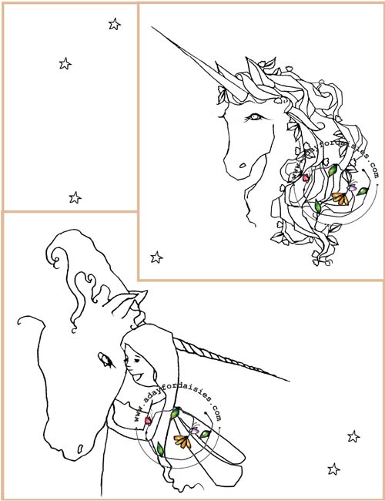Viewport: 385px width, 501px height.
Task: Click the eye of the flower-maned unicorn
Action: tap(254, 117)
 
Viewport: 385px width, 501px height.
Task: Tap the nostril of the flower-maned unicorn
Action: tap(243, 166)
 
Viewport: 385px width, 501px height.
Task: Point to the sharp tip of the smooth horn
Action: tap(152, 27)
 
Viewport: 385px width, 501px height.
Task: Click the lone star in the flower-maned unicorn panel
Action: tap(156, 257)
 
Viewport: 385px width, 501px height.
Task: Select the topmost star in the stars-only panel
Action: tap(115, 25)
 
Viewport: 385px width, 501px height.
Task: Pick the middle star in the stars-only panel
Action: tap(65, 63)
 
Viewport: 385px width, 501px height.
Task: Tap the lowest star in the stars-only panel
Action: tap(75, 198)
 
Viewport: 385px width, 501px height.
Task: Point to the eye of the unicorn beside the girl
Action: tap(105, 360)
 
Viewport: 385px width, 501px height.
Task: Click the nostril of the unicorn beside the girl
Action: tap(80, 449)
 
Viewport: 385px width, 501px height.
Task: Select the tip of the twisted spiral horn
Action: tap(288, 380)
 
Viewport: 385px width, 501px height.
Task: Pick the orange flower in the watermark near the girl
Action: tap(183, 442)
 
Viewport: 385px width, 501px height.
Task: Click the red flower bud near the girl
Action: tap(148, 421)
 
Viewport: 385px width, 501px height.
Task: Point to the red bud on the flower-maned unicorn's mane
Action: tap(306, 177)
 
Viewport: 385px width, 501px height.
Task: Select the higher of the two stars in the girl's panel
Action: tap(353, 436)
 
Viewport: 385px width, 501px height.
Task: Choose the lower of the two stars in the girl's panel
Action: tap(333, 469)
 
